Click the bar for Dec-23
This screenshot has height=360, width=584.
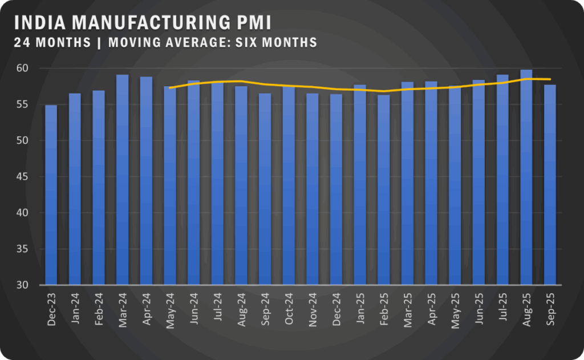coord(51,195)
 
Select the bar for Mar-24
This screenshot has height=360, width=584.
coord(123,180)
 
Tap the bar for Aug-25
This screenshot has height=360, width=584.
coord(526,177)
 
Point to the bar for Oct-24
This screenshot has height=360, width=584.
coord(289,185)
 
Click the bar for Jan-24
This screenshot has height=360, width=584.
coord(75,189)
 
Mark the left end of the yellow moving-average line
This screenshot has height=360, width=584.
coord(170,87)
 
